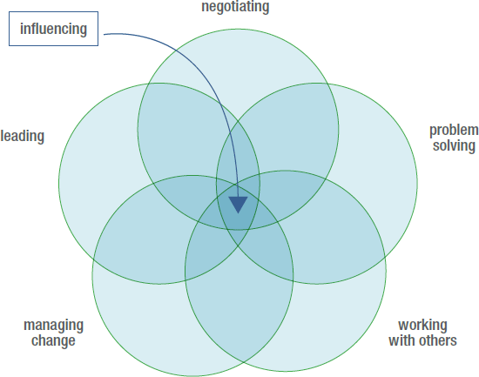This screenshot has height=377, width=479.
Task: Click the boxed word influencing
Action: coord(53,30)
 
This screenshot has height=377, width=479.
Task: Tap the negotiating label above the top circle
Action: coord(235,7)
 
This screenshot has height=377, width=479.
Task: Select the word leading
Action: coord(23,136)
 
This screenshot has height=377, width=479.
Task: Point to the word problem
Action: coord(454,131)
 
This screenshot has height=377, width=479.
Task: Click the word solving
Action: coord(454,145)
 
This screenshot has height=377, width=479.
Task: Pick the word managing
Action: coord(53,326)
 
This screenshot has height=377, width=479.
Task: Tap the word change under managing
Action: coord(53,340)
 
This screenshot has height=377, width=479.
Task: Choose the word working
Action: coord(422,326)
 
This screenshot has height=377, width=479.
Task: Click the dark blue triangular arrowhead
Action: coord(238,204)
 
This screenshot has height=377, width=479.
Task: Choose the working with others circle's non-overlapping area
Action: coord(336,320)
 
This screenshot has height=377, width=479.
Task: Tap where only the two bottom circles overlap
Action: coord(239,306)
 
